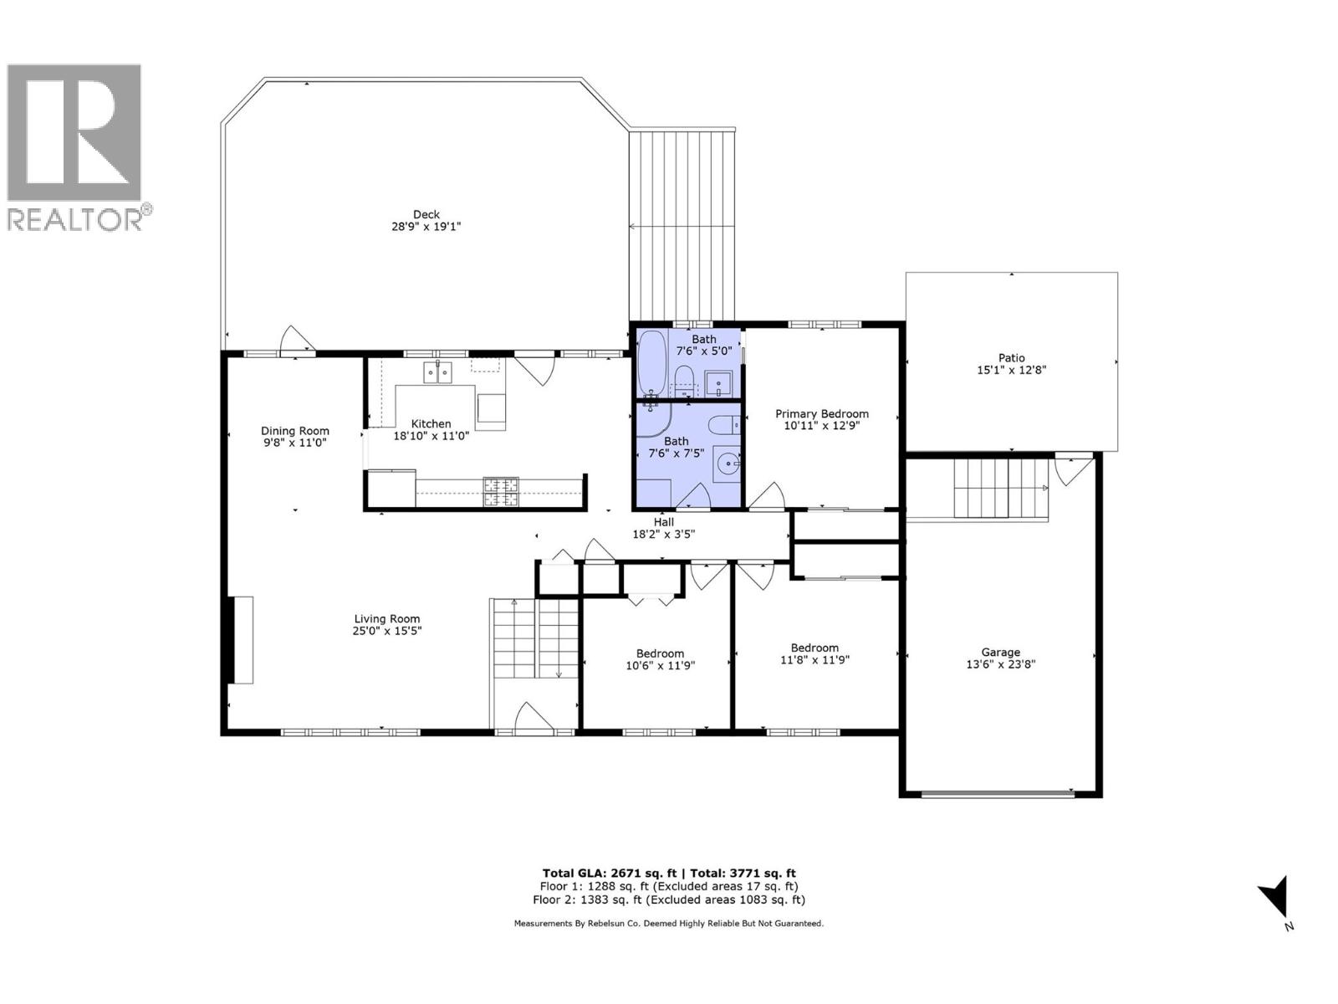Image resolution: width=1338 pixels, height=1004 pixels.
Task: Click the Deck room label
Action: click(x=426, y=214)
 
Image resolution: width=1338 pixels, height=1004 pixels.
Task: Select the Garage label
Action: click(x=1000, y=652)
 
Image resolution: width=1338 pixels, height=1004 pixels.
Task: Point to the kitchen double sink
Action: click(x=437, y=371)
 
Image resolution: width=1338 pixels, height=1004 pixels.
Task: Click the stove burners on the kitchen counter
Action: click(x=500, y=491)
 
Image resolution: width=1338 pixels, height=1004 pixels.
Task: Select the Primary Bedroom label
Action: click(x=821, y=413)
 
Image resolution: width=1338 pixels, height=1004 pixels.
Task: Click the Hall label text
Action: click(x=663, y=521)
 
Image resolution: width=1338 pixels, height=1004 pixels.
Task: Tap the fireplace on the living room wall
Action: click(x=242, y=640)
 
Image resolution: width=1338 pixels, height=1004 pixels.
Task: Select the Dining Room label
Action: click(x=294, y=431)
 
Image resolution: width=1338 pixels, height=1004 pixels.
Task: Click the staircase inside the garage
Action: click(x=999, y=489)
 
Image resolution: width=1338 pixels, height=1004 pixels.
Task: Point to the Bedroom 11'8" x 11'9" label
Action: click(x=815, y=648)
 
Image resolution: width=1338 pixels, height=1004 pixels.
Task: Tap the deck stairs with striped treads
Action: click(x=682, y=226)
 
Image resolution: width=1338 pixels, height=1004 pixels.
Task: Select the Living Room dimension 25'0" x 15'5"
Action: click(x=386, y=632)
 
